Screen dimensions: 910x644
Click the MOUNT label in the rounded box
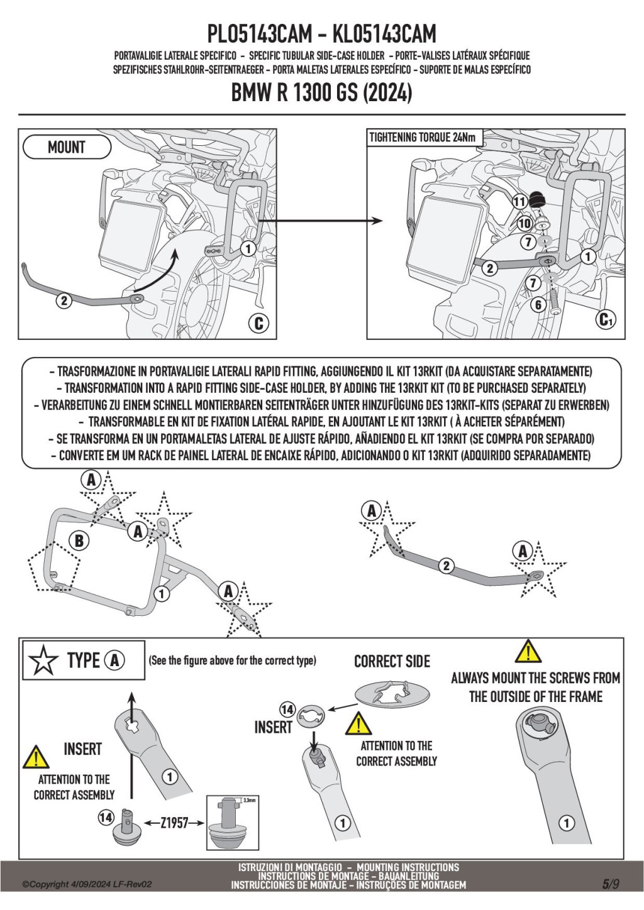pos(67,148)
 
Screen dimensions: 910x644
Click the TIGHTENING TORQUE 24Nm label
pos(422,138)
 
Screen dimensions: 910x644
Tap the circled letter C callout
pos(258,323)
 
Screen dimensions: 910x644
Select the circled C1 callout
pos(606,320)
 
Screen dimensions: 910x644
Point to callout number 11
pos(519,202)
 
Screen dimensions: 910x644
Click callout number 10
pos(525,223)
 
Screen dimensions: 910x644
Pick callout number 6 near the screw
pos(538,305)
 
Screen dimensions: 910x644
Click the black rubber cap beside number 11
pos(537,200)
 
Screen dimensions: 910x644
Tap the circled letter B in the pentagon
pos(79,540)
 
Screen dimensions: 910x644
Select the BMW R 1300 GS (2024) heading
pos(322,93)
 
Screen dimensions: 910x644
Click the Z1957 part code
pos(174,823)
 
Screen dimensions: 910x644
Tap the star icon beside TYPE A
pos(43,661)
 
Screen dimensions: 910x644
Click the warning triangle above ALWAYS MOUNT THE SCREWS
pos(528,652)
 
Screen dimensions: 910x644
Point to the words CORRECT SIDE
pos(392,662)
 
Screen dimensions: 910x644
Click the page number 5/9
pos(611,884)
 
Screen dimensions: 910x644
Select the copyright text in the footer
pos(87,884)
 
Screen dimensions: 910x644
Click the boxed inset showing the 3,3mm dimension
pos(233,823)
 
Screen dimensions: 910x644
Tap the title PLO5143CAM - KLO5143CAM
pos(321,33)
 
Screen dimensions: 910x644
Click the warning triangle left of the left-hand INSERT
pos(36,757)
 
